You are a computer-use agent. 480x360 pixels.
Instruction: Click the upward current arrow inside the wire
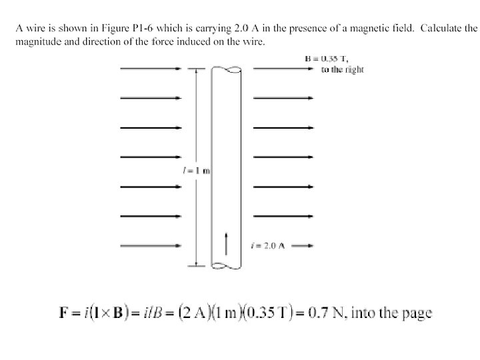[227, 243]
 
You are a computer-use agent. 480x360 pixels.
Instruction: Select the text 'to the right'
[342, 69]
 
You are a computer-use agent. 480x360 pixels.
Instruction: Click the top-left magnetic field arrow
[150, 69]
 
